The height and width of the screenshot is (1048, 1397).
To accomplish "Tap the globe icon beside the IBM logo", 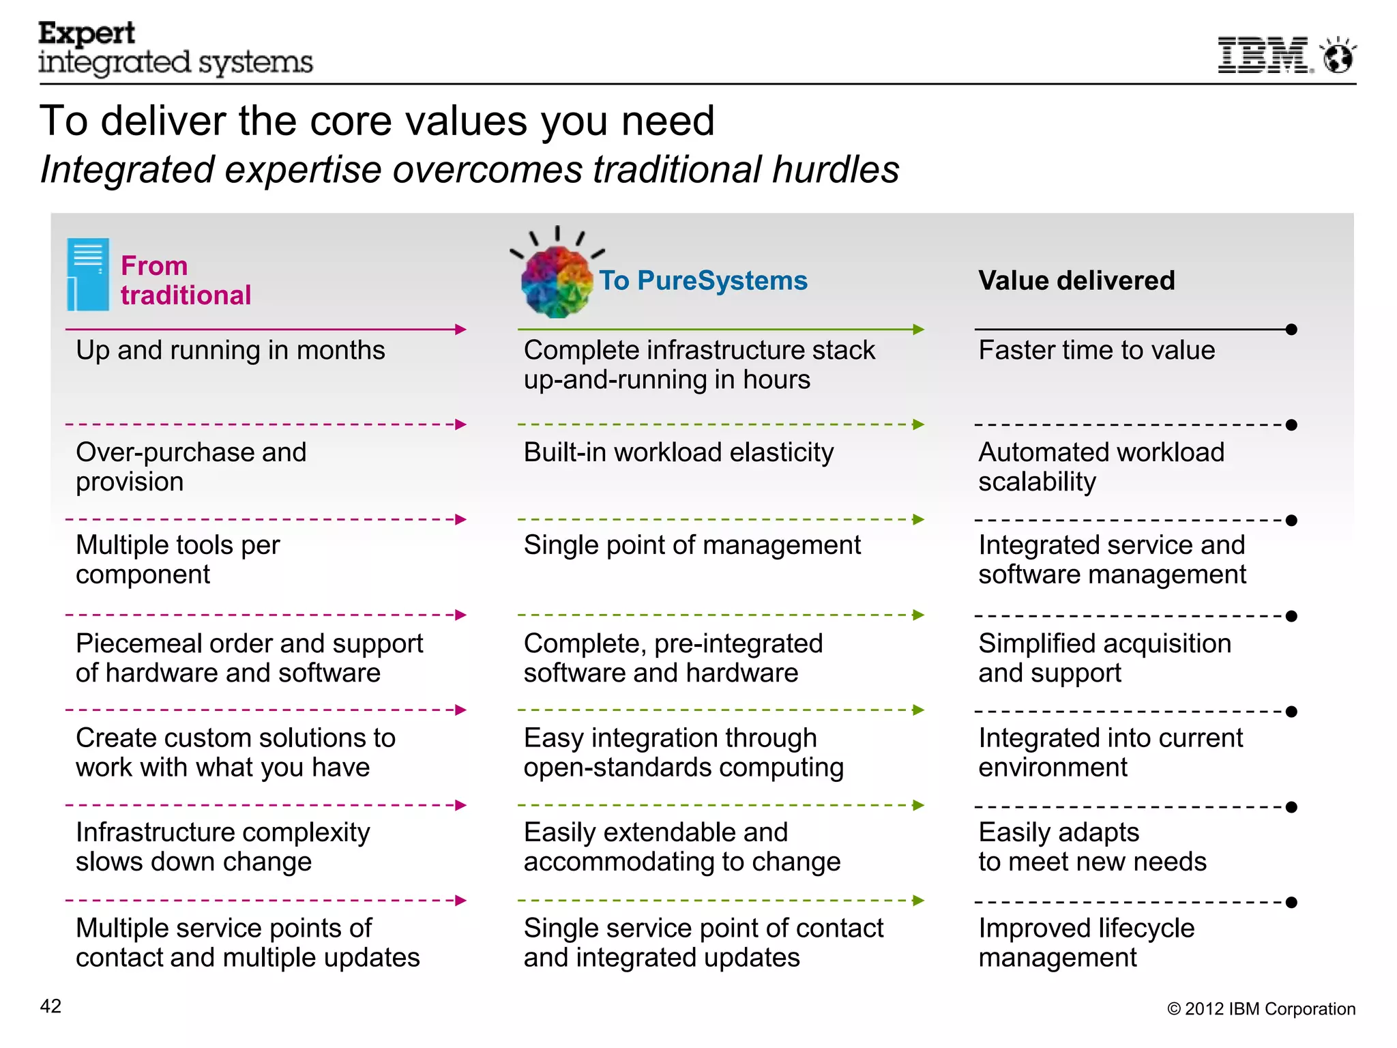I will click(1338, 56).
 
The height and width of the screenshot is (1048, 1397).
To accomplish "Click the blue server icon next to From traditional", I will click(88, 274).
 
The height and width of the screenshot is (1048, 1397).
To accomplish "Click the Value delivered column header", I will click(1076, 280).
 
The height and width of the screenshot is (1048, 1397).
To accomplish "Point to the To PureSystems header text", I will click(703, 280).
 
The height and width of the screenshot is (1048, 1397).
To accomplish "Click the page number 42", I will click(50, 1006).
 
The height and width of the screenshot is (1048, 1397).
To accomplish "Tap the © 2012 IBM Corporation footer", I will click(1261, 1008).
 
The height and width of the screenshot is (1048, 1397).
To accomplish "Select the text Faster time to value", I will click(1096, 350).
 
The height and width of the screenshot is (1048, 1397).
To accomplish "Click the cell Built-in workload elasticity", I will click(678, 452).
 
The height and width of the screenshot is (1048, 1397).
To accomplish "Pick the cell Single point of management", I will click(692, 545).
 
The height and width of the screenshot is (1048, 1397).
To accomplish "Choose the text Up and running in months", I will click(230, 350).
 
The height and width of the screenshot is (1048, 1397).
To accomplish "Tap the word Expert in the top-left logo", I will click(87, 33).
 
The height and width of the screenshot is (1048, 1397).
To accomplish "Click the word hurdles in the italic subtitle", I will click(836, 169).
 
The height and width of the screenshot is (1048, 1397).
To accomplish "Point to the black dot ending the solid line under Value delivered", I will click(1291, 330).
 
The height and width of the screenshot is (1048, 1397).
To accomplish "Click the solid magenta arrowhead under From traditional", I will click(461, 330).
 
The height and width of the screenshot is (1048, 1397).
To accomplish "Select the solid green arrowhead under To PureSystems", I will click(919, 330).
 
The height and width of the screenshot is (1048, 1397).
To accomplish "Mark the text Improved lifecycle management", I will click(1086, 942).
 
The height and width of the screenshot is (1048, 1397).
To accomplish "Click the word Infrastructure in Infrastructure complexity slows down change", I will click(139, 832).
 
